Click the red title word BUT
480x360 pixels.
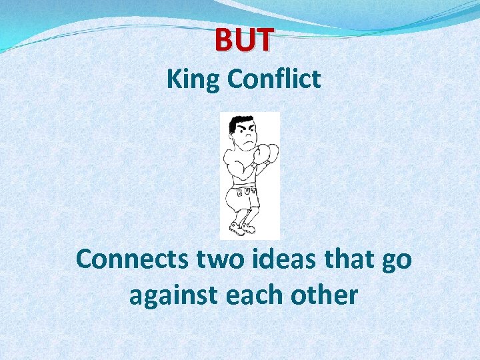pos(243,39)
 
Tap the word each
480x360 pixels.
pos(250,294)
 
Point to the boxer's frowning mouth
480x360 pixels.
pos(247,143)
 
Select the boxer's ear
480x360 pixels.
pos(233,135)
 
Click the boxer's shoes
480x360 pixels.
pos(241,229)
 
